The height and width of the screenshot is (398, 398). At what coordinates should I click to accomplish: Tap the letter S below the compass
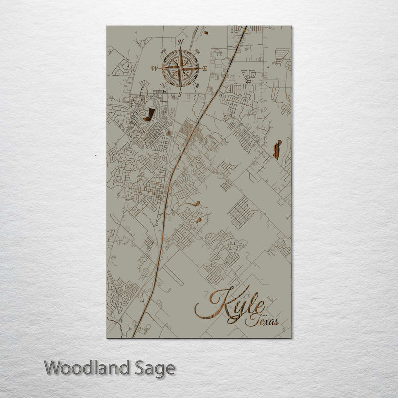[x=180, y=94]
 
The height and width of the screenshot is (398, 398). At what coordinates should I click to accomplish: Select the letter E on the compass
[x=205, y=69]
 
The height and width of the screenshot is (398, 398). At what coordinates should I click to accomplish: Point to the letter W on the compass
[x=155, y=68]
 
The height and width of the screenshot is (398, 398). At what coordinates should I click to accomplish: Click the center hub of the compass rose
[x=180, y=68]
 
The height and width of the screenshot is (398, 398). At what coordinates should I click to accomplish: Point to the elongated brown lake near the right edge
[x=277, y=149]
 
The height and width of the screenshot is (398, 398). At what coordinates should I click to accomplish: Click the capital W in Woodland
[x=53, y=368]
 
